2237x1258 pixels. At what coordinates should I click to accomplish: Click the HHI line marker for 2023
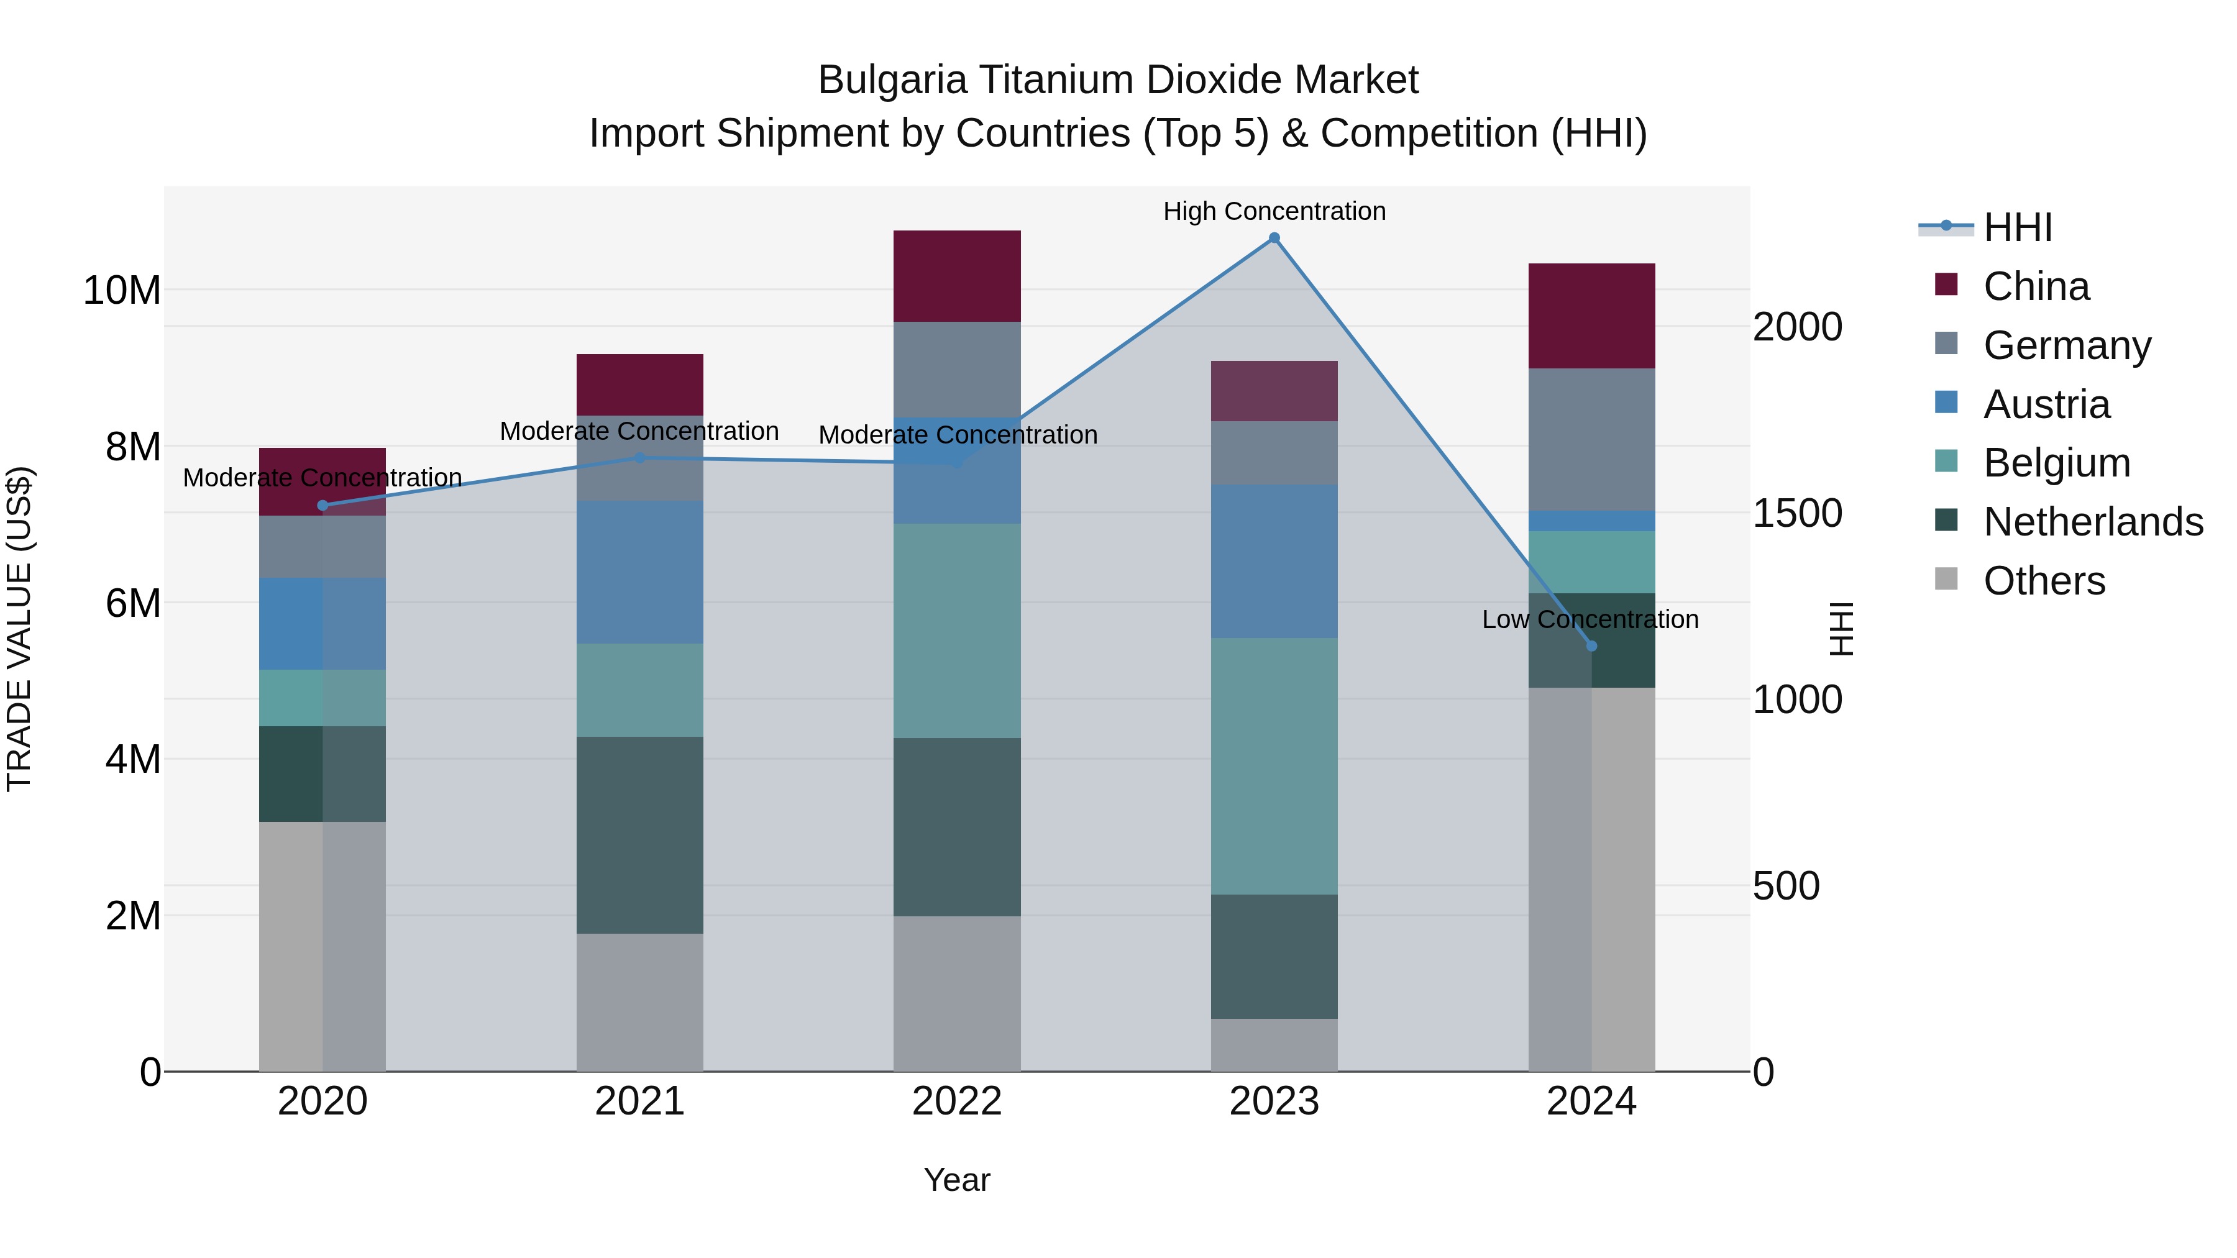[x=1274, y=238]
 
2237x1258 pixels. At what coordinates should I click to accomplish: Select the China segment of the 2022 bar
[x=957, y=276]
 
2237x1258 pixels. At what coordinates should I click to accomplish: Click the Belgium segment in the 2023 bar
[x=1274, y=766]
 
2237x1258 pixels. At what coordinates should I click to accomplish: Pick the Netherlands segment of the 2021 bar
[x=640, y=835]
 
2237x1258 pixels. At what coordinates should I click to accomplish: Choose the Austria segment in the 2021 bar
[x=640, y=572]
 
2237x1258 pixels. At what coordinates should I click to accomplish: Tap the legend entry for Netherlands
[x=2093, y=522]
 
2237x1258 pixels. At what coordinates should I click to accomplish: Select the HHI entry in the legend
[x=2017, y=227]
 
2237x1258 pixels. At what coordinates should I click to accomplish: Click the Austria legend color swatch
[x=1946, y=403]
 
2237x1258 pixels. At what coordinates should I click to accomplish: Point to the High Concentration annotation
[x=1274, y=211]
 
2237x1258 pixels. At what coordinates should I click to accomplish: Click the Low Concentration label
[x=1590, y=619]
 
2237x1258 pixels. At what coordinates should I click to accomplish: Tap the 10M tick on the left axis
[x=122, y=290]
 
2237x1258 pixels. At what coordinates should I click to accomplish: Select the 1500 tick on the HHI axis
[x=1796, y=513]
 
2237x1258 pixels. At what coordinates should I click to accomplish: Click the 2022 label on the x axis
[x=957, y=1101]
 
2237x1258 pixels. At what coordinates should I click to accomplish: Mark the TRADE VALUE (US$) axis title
[x=19, y=629]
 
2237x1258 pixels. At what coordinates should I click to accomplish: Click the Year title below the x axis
[x=957, y=1180]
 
